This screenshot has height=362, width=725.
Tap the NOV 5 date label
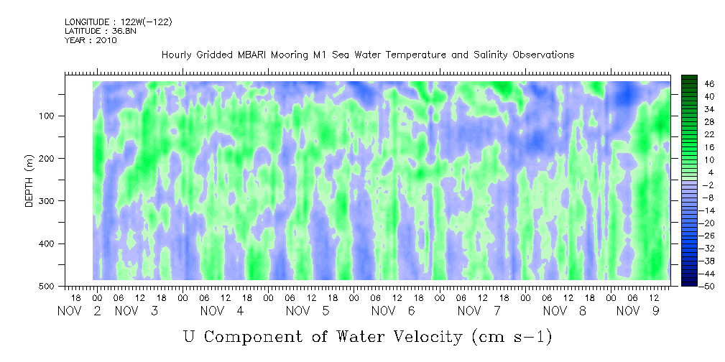[x=308, y=311]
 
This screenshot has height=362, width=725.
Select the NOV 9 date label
[x=638, y=311]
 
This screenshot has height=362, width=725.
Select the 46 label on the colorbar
[x=709, y=84]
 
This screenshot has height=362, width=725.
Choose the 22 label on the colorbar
[x=709, y=137]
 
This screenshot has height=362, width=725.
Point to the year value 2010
[x=106, y=40]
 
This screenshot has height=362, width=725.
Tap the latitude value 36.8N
[x=124, y=31]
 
